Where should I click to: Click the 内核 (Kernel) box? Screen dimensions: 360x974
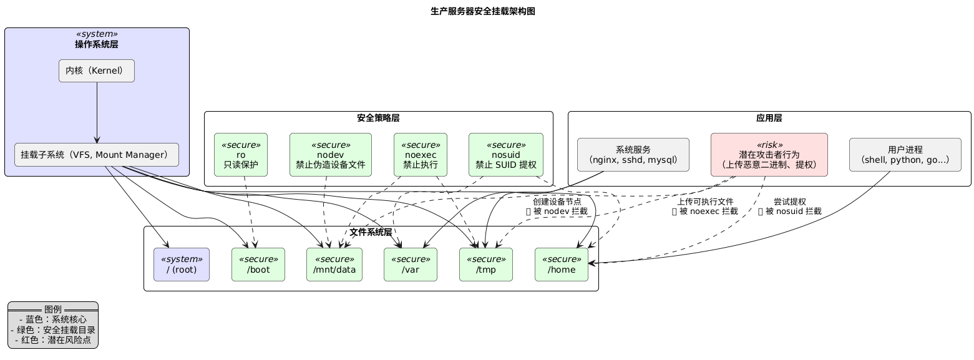97,71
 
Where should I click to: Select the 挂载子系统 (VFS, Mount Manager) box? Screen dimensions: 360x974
97,155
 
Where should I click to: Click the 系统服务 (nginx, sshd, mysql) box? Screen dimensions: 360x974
633,154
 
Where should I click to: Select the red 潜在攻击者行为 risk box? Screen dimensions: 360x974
769,154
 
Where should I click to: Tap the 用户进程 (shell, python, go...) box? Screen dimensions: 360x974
905,154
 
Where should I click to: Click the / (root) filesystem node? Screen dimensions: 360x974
182,265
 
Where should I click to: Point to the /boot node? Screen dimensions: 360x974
258,265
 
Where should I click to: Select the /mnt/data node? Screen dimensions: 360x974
334,265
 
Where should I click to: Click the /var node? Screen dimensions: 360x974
411,265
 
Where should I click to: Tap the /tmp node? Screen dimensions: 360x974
486,265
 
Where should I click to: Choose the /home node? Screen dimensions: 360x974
562,265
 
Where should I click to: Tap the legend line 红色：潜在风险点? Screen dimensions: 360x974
53,340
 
